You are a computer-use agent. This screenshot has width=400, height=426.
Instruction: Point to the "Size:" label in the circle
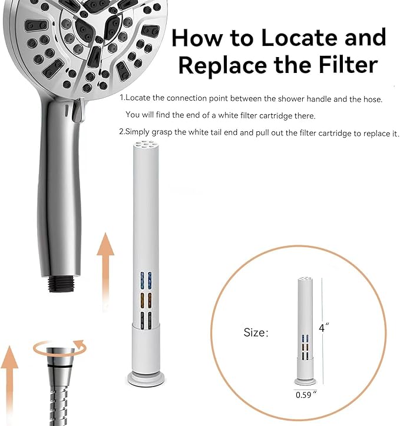click(x=256, y=332)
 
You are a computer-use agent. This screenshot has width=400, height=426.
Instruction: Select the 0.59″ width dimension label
click(x=306, y=394)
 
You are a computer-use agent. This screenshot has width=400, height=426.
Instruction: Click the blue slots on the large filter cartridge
click(x=146, y=281)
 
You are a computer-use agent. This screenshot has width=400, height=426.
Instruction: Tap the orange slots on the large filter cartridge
click(x=146, y=301)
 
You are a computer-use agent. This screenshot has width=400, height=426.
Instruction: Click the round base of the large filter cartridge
click(x=146, y=379)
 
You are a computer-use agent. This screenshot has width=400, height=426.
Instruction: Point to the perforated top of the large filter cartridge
click(x=146, y=145)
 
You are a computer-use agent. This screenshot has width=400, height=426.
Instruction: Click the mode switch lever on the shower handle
click(x=78, y=111)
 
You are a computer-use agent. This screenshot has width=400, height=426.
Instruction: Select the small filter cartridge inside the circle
click(x=305, y=331)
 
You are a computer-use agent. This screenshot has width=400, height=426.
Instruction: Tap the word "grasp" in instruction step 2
click(x=161, y=132)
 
